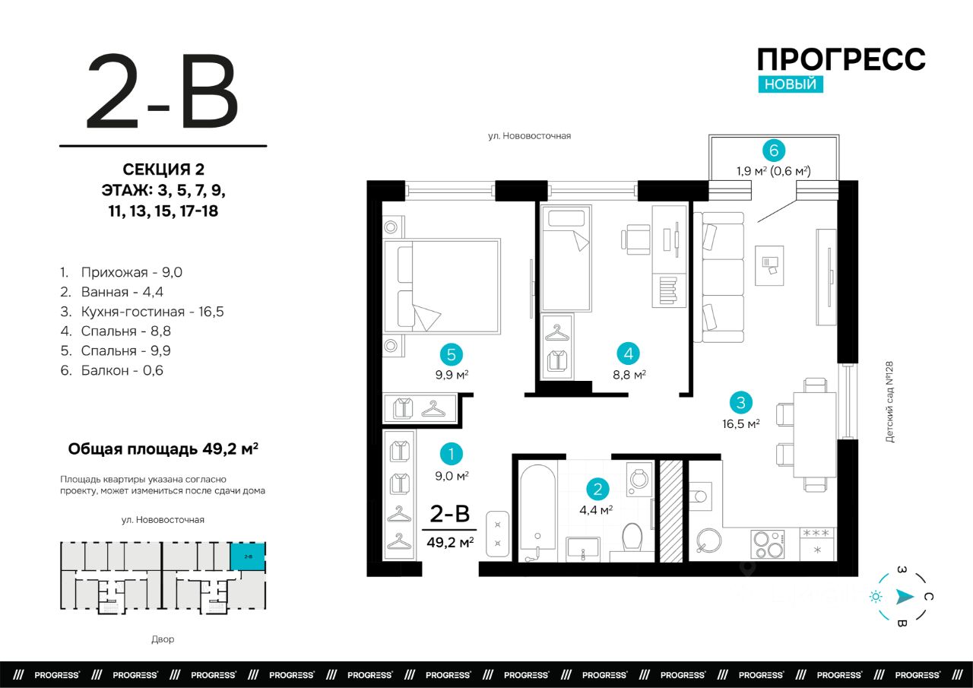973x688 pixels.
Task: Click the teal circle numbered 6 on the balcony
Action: click(x=774, y=151)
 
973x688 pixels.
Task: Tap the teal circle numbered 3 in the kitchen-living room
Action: click(x=740, y=403)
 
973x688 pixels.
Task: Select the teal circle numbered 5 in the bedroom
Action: click(x=452, y=354)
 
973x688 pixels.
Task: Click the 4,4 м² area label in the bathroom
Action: click(x=596, y=509)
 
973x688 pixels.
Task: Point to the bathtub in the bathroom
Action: click(x=537, y=512)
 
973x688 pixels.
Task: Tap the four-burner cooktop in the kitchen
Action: click(x=768, y=544)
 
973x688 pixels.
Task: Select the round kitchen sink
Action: click(x=709, y=541)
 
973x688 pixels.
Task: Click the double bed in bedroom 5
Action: click(x=442, y=287)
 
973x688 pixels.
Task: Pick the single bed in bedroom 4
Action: click(x=566, y=258)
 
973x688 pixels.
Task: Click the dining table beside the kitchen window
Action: click(x=815, y=435)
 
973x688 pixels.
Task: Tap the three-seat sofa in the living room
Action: click(x=719, y=277)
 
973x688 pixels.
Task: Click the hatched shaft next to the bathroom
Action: click(x=671, y=511)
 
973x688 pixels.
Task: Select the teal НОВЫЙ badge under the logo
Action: click(x=791, y=84)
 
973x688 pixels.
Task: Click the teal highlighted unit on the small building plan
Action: click(x=248, y=556)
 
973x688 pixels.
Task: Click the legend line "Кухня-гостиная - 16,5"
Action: click(x=142, y=312)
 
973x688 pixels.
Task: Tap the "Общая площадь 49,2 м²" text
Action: click(x=163, y=449)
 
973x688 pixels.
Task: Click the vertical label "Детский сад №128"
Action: click(x=889, y=401)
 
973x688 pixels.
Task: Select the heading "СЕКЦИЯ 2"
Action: click(x=163, y=169)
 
